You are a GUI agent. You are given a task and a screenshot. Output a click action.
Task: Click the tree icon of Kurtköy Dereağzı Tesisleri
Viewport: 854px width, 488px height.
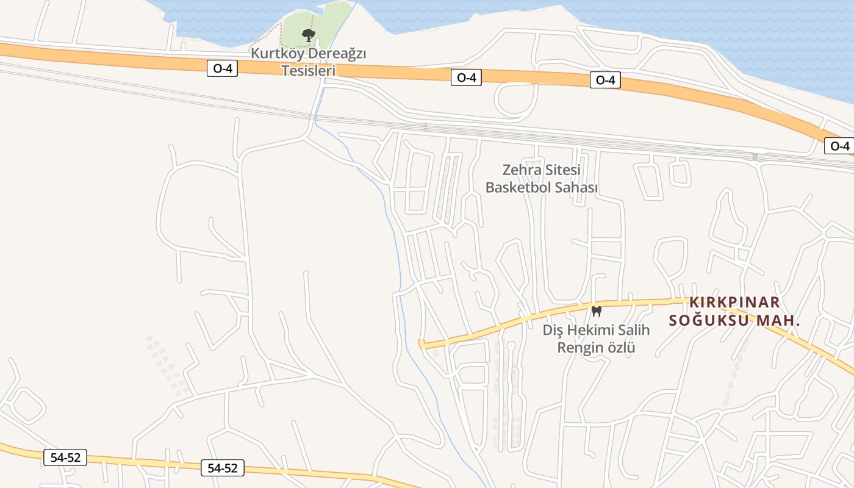tap(309, 35)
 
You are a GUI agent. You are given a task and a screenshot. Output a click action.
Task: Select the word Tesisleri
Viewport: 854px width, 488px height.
tap(309, 71)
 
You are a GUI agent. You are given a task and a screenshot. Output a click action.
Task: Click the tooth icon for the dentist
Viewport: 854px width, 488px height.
tap(597, 311)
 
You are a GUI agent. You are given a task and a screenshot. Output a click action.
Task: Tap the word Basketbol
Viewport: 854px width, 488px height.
tap(517, 187)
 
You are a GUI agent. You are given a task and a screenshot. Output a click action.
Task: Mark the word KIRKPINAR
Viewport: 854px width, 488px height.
tap(734, 303)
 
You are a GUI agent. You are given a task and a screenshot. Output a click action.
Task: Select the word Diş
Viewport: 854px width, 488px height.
tap(553, 330)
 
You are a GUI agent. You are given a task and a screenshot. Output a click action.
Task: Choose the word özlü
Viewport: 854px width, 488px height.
tap(621, 348)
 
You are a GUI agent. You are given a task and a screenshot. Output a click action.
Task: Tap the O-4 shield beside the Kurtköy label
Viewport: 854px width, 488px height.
tap(222, 68)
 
